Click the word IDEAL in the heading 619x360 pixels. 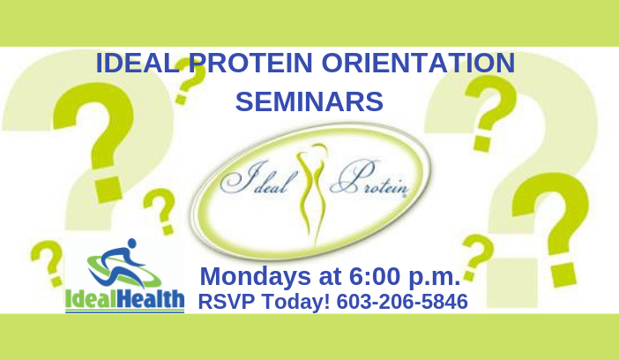coord(138,63)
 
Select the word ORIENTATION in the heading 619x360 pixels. coord(419,63)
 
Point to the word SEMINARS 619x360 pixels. coord(309,101)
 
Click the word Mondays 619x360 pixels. coord(256,277)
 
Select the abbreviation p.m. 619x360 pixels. coord(435,278)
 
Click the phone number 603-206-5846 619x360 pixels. coord(402,302)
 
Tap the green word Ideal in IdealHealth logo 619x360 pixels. coord(91,299)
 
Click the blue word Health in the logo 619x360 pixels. coord(151,299)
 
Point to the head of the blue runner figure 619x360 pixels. coord(132,243)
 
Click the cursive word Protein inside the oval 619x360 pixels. coord(369,178)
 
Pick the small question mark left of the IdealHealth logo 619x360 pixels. coord(48,263)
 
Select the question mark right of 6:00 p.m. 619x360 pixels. coord(477,257)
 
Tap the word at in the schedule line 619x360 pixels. coord(330,277)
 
